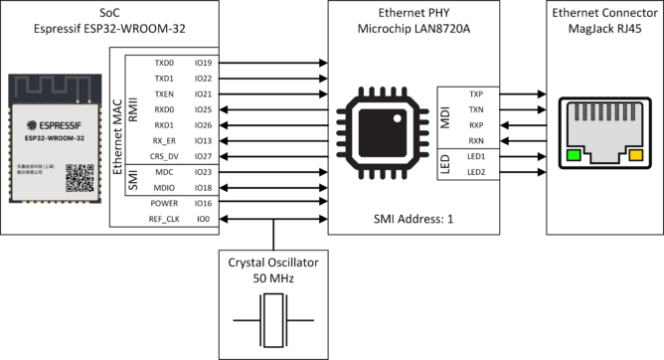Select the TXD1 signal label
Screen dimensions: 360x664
click(163, 78)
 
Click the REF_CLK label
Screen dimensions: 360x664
click(163, 219)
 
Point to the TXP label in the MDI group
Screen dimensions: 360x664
click(477, 93)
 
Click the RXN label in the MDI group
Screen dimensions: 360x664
click(477, 140)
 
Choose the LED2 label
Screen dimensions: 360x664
click(477, 172)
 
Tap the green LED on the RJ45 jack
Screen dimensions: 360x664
click(575, 155)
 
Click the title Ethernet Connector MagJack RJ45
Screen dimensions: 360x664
click(604, 22)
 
